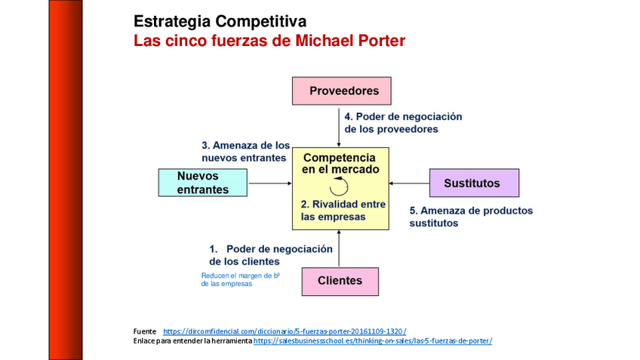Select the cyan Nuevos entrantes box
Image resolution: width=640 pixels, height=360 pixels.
click(x=202, y=183)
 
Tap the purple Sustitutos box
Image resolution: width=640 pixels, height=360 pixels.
click(x=474, y=183)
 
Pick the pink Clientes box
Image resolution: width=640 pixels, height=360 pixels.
click(x=340, y=281)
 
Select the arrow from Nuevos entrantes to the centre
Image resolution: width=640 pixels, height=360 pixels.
click(x=270, y=183)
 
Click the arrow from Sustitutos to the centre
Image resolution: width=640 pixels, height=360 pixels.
click(x=409, y=183)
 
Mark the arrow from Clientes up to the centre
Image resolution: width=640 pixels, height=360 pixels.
click(x=340, y=248)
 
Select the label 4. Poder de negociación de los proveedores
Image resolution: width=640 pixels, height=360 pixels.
click(x=402, y=123)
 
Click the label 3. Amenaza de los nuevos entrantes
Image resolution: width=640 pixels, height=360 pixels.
click(x=245, y=151)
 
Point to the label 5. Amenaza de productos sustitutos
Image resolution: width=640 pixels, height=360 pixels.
click(x=470, y=217)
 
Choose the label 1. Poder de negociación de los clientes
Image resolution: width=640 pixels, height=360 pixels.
click(x=270, y=255)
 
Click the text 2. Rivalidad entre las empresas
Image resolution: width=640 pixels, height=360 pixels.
click(x=343, y=211)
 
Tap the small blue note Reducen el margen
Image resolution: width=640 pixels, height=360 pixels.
click(x=240, y=280)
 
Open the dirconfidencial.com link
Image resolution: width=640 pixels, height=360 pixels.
click(x=285, y=331)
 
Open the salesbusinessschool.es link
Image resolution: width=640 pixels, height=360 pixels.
click(x=373, y=341)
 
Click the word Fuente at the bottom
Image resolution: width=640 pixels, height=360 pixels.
click(x=144, y=331)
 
